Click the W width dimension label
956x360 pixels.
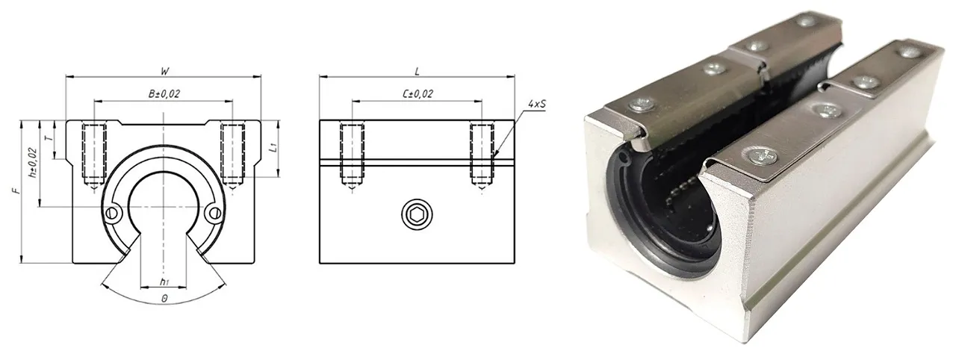coord(164,71)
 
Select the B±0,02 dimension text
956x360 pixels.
coord(164,94)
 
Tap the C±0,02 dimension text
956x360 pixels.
coord(418,94)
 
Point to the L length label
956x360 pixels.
coord(417,71)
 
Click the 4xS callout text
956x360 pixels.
coord(536,104)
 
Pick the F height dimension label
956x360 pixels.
coord(17,190)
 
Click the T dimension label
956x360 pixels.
coord(49,139)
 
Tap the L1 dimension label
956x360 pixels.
coord(274,148)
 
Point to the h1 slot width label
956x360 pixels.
coord(164,282)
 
